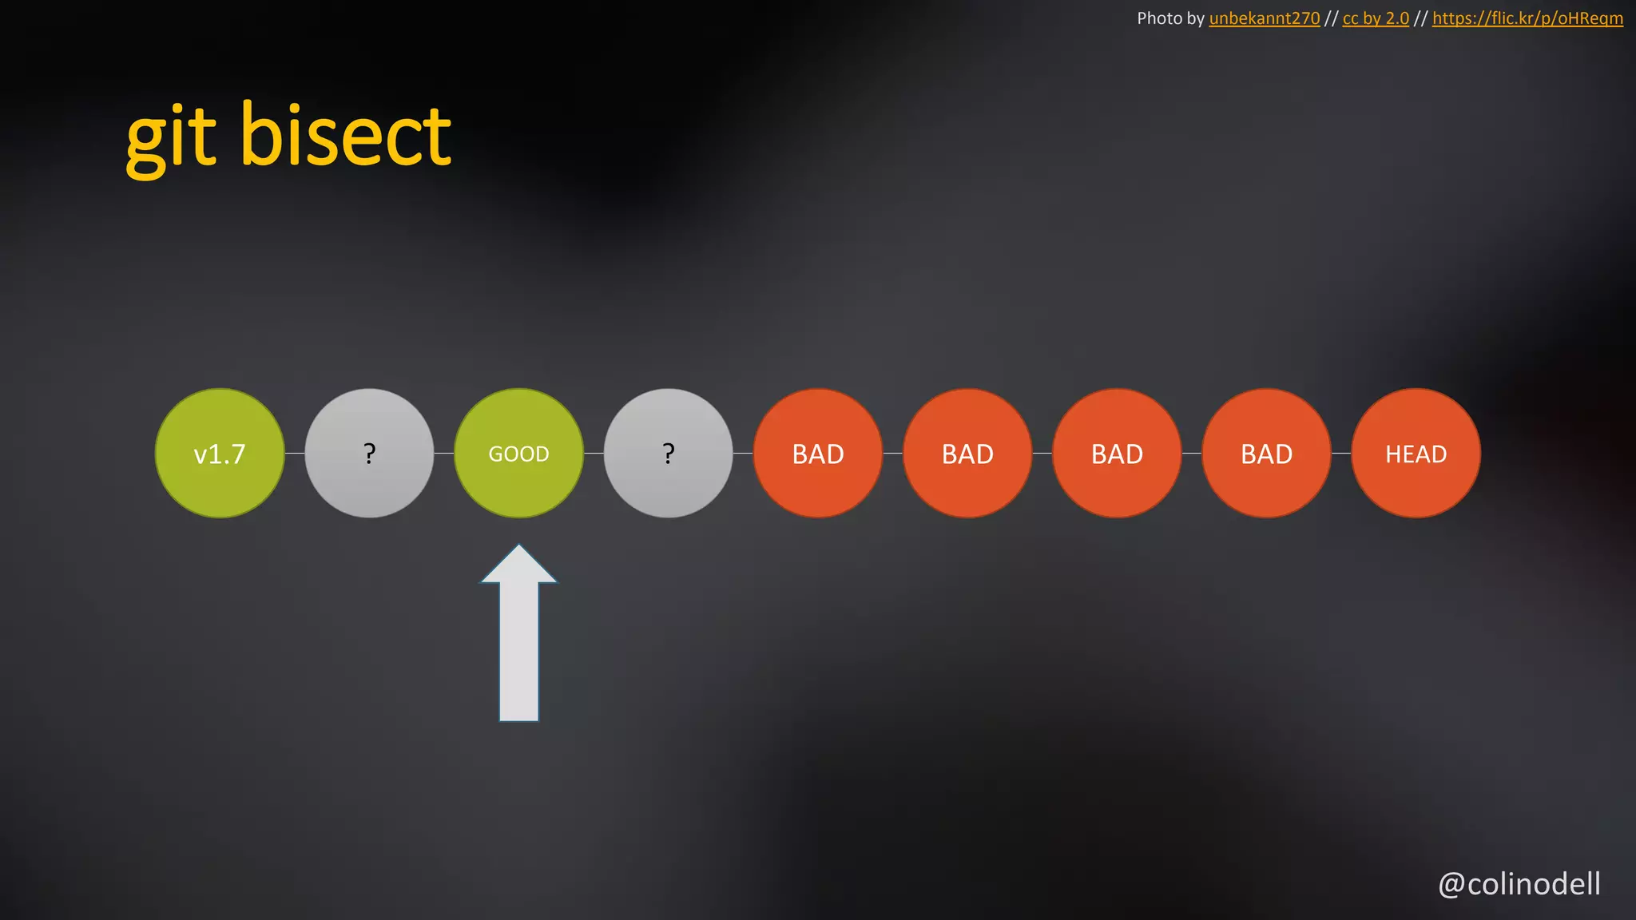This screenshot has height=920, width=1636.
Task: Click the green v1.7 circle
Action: (x=220, y=454)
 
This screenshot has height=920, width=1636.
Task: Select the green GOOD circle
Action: (x=518, y=454)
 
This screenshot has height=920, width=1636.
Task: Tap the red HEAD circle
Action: (x=1416, y=454)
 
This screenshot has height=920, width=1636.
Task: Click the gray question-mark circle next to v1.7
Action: (x=369, y=454)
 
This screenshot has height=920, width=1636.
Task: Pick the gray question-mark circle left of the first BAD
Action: (x=668, y=454)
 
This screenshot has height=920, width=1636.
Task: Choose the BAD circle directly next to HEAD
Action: (x=1266, y=454)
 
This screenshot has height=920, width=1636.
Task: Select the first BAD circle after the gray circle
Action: (x=818, y=454)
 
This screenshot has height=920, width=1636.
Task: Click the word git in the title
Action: (x=171, y=137)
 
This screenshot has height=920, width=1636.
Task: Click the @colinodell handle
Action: (x=1519, y=884)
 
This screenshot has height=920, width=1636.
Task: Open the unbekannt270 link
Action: (x=1264, y=18)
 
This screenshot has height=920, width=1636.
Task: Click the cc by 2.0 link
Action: (x=1376, y=18)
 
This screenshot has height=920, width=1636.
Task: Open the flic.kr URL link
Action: (x=1527, y=18)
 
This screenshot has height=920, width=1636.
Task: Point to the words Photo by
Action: (x=1170, y=18)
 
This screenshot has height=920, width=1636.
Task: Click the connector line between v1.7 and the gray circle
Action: (x=294, y=454)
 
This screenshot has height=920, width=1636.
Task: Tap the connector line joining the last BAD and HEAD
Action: (x=1341, y=454)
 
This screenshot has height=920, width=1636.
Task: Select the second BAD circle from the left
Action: (x=967, y=454)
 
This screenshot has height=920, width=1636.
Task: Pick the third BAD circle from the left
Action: (x=1117, y=454)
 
